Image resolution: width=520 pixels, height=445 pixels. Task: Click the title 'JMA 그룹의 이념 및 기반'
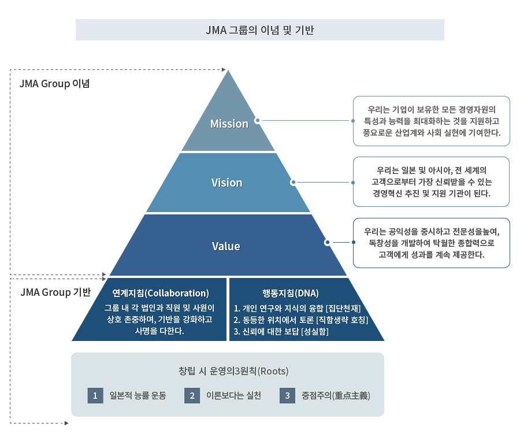(259, 30)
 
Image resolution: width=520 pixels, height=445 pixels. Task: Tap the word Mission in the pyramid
(229, 124)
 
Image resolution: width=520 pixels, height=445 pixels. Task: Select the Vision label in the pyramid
(227, 183)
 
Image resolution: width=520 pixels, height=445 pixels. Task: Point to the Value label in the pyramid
(226, 246)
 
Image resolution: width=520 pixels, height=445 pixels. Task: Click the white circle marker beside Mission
(257, 121)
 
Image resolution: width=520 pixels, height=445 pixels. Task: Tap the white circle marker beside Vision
(293, 183)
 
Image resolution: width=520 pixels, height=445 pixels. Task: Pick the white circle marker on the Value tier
(328, 243)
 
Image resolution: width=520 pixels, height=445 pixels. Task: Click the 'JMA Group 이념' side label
(54, 84)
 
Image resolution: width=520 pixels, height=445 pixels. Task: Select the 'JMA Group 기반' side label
(55, 292)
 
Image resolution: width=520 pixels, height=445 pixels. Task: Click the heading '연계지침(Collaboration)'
(161, 293)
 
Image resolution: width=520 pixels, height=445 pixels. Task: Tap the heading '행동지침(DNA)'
(291, 293)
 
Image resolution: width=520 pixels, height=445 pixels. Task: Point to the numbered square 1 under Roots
(95, 395)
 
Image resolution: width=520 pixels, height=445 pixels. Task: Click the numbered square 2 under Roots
(192, 395)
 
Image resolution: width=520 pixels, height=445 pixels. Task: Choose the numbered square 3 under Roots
(288, 395)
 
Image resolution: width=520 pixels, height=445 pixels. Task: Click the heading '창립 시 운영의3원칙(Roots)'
(233, 370)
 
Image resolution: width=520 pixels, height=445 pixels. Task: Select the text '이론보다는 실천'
(233, 395)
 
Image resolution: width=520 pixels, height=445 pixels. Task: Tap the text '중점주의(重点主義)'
(336, 395)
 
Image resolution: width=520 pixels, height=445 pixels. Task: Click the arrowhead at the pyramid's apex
(224, 69)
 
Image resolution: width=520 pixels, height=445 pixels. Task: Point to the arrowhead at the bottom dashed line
(66, 423)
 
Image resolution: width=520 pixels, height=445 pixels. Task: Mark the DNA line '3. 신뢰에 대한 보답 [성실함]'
(281, 332)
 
